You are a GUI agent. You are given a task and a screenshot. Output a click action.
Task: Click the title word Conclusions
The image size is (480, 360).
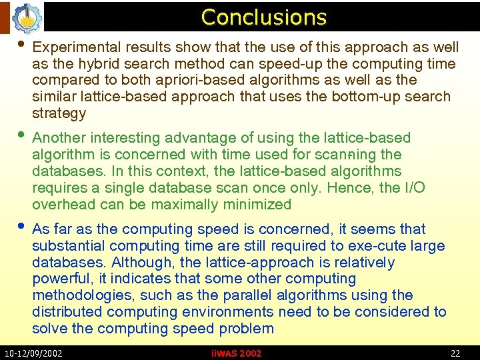point(263,17)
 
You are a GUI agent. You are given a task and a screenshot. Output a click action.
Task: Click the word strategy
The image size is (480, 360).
point(59,113)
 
